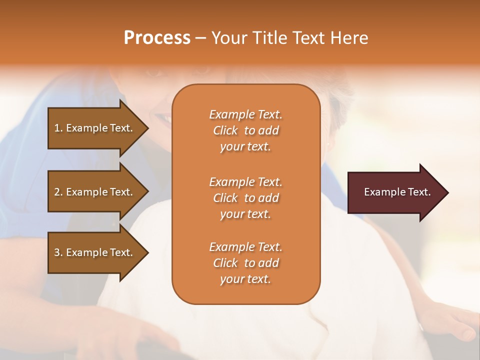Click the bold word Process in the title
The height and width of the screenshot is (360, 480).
[157, 38]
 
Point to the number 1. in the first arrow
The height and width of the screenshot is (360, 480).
[58, 128]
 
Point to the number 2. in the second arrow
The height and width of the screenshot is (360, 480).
[58, 192]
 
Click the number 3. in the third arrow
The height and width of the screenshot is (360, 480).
[58, 253]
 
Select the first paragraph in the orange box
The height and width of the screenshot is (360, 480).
[245, 130]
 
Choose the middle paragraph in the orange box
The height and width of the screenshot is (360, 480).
[245, 198]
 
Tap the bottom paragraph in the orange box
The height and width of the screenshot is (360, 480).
[245, 263]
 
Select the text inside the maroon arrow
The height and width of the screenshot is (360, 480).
[397, 192]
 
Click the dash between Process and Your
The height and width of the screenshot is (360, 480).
[200, 38]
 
